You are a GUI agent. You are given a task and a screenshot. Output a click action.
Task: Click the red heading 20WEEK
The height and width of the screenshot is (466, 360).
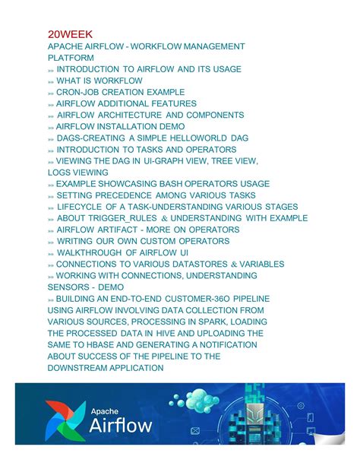(x=70, y=34)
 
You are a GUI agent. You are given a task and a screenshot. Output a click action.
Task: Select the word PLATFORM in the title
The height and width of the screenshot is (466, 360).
(x=71, y=58)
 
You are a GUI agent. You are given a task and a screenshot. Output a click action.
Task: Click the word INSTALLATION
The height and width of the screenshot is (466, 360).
(x=124, y=126)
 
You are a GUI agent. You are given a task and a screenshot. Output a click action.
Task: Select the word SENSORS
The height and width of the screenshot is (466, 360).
(x=68, y=287)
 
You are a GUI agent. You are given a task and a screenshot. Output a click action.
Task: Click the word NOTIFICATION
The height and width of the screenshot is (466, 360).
(x=227, y=344)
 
